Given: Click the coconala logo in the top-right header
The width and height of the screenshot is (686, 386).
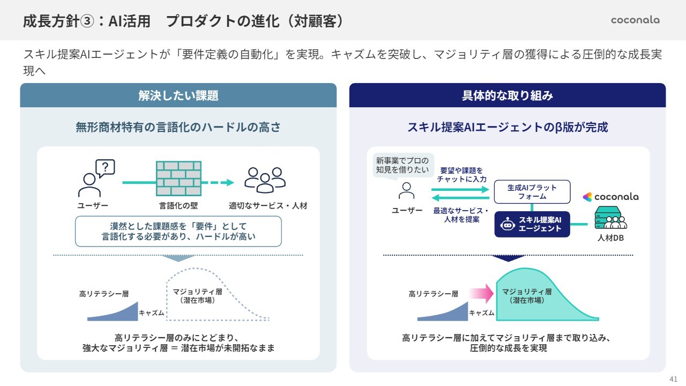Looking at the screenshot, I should pos(635,20).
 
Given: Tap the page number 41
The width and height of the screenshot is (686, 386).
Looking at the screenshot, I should pos(673,378).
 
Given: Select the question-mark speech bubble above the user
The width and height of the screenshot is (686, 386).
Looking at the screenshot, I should pos(105,167).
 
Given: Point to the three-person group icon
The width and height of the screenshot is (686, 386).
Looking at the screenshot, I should pos(265,180).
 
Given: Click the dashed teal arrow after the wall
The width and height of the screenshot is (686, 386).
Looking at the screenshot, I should pos(221,182).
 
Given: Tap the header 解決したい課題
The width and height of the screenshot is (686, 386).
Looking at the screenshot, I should pos(178,95).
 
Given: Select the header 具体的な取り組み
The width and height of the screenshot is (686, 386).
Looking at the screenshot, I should pos(507,95).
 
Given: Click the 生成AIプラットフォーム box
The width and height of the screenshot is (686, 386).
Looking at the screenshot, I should pos(532,192).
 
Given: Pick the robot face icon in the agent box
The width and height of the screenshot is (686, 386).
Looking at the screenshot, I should pos(507,225).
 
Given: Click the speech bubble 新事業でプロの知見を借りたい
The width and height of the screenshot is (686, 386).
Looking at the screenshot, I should pos(402,166).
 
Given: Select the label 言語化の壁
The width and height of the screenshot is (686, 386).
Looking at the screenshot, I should pos(178,206).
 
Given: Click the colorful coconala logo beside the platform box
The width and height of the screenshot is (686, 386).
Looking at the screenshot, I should pos(610,197).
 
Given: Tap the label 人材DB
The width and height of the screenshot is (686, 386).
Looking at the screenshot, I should pos(610,238).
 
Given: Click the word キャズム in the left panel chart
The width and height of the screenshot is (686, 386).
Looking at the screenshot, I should pos(152,313).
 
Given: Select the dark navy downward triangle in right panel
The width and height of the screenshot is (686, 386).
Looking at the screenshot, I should pos(508,258).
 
